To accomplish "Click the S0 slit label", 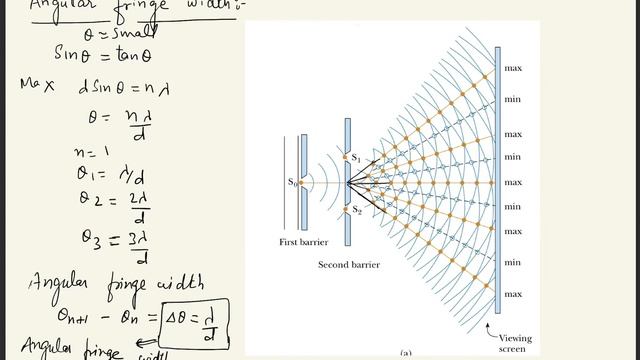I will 292,182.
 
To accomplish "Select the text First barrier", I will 302,243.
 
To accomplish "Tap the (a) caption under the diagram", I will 406,353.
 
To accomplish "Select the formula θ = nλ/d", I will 119,123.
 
